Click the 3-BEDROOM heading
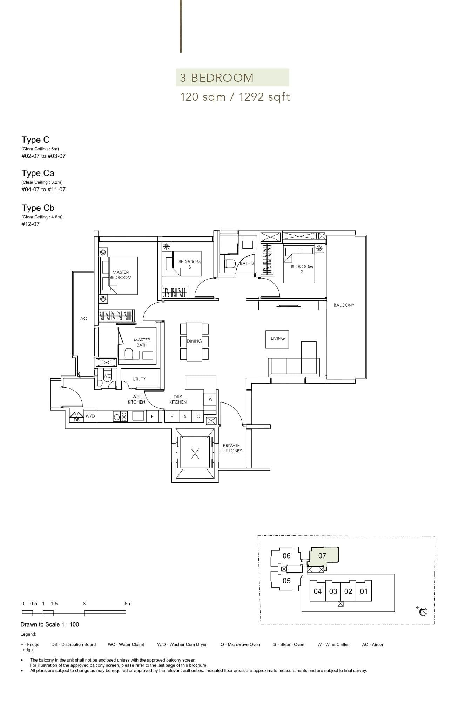point(217,77)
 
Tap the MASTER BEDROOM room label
point(121,275)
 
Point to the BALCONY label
point(344,305)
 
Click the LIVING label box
point(277,338)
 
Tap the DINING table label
point(194,341)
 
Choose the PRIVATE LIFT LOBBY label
point(231,448)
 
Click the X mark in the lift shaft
point(195,454)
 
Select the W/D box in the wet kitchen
point(90,416)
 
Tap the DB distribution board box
point(76,420)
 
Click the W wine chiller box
point(210,399)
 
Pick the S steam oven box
point(185,416)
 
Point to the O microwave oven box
point(198,416)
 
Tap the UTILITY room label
point(139,379)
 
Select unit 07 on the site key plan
point(323,556)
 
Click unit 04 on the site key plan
point(317,591)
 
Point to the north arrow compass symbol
point(423,612)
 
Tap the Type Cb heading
point(38,208)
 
